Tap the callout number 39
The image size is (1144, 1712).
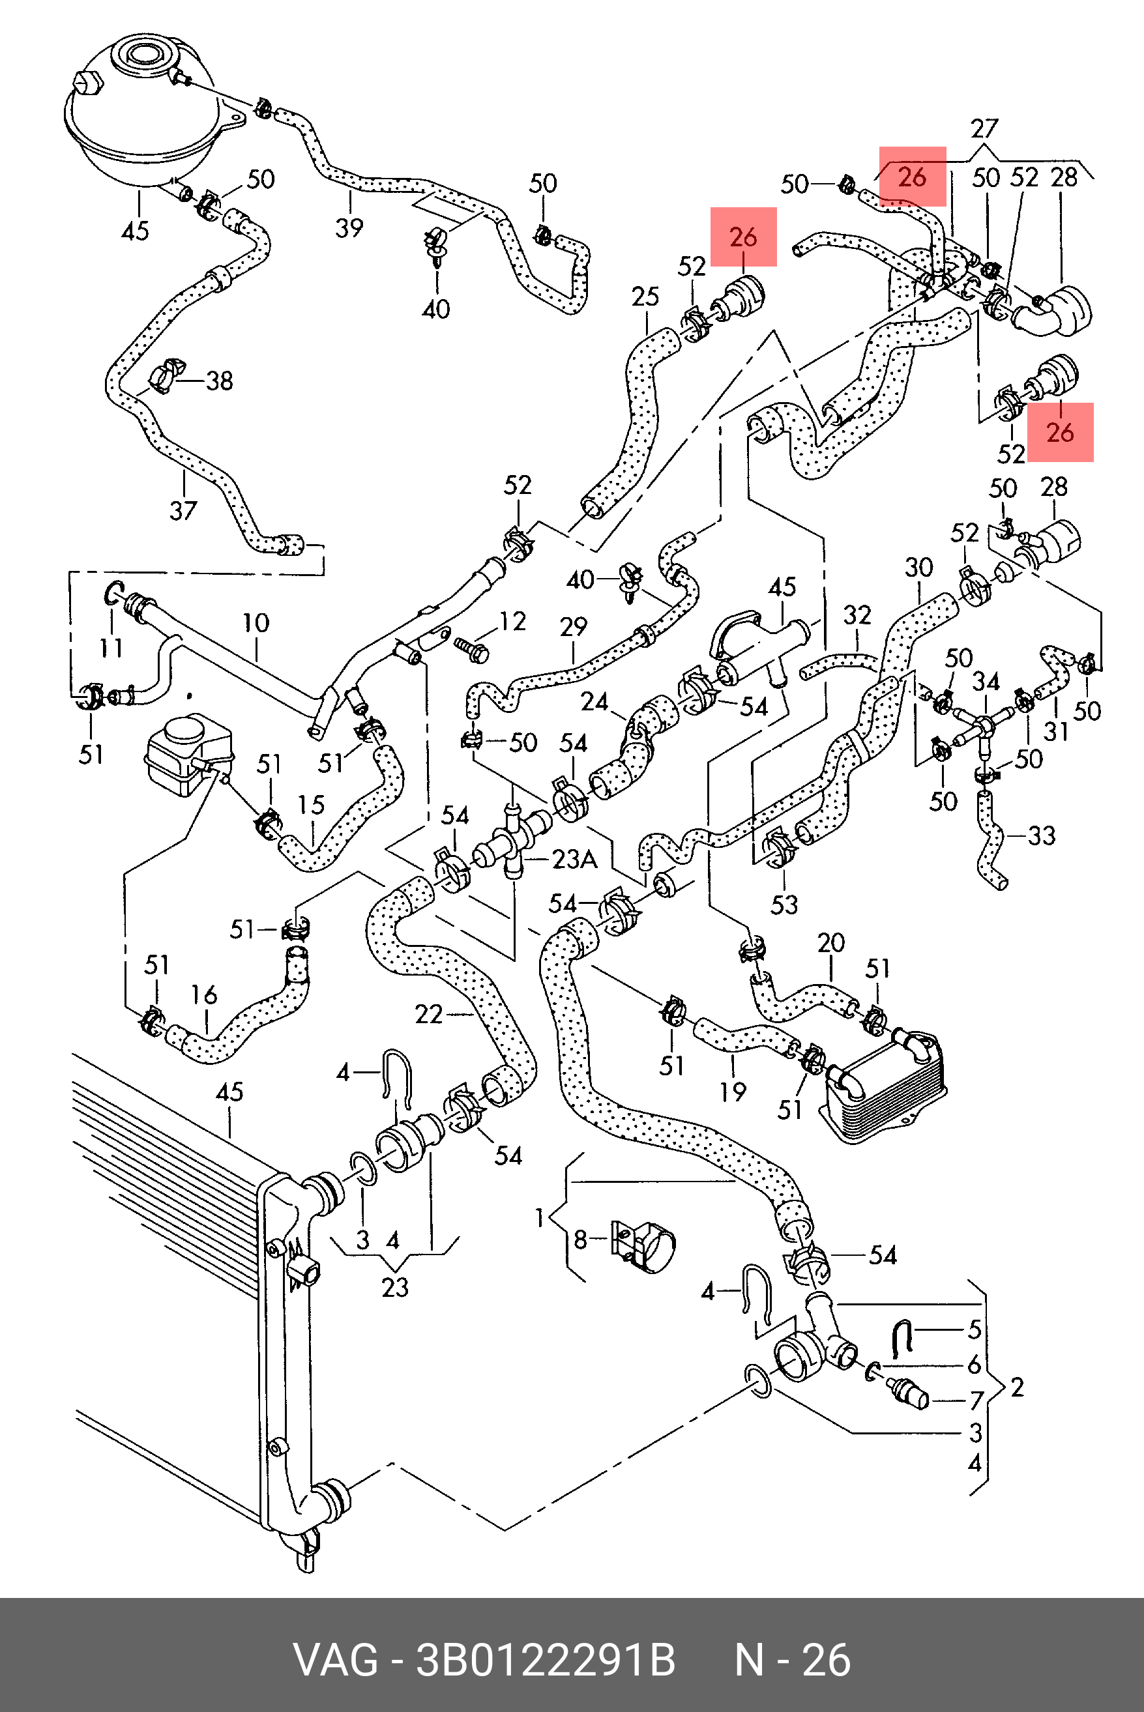point(349,227)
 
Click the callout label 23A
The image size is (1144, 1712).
point(574,860)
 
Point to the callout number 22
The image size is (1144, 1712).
point(428,1014)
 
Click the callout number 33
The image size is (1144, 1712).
point(1041,835)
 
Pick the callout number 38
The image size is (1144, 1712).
point(219,381)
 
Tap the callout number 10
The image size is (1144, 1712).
point(256,623)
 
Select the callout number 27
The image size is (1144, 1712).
point(984,129)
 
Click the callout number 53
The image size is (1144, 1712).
point(784,905)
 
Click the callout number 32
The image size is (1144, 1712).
point(857,615)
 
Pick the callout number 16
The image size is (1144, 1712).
point(204,994)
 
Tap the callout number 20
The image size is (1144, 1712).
point(831,942)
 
